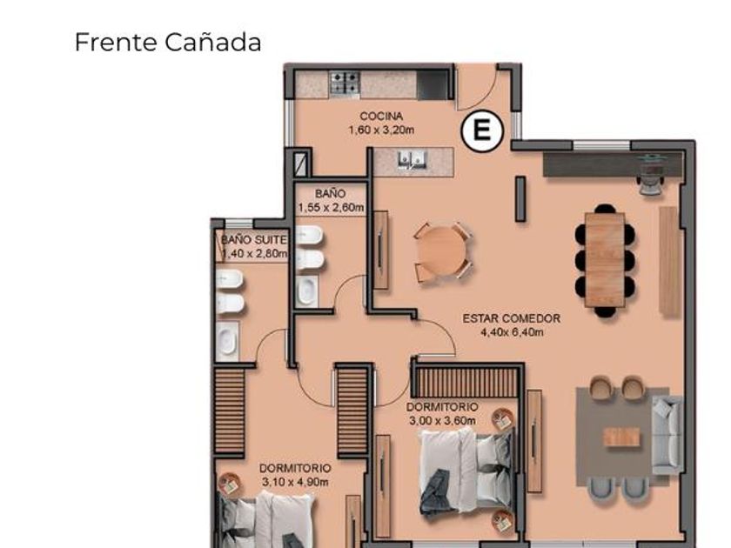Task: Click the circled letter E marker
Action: (x=482, y=130)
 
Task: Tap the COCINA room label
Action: (x=381, y=116)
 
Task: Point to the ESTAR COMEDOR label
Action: (x=512, y=318)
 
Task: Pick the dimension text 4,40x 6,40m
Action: (x=512, y=332)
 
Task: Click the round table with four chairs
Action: (x=442, y=252)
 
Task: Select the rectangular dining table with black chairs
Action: (x=605, y=260)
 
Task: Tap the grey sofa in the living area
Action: (x=667, y=435)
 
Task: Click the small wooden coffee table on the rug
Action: (x=621, y=436)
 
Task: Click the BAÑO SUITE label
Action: (x=253, y=240)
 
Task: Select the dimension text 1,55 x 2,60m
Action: (x=331, y=208)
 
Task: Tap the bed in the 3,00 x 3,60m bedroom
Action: (x=466, y=471)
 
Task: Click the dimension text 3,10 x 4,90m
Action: (x=295, y=482)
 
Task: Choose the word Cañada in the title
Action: (x=212, y=43)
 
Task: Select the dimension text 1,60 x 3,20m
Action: (x=381, y=130)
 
